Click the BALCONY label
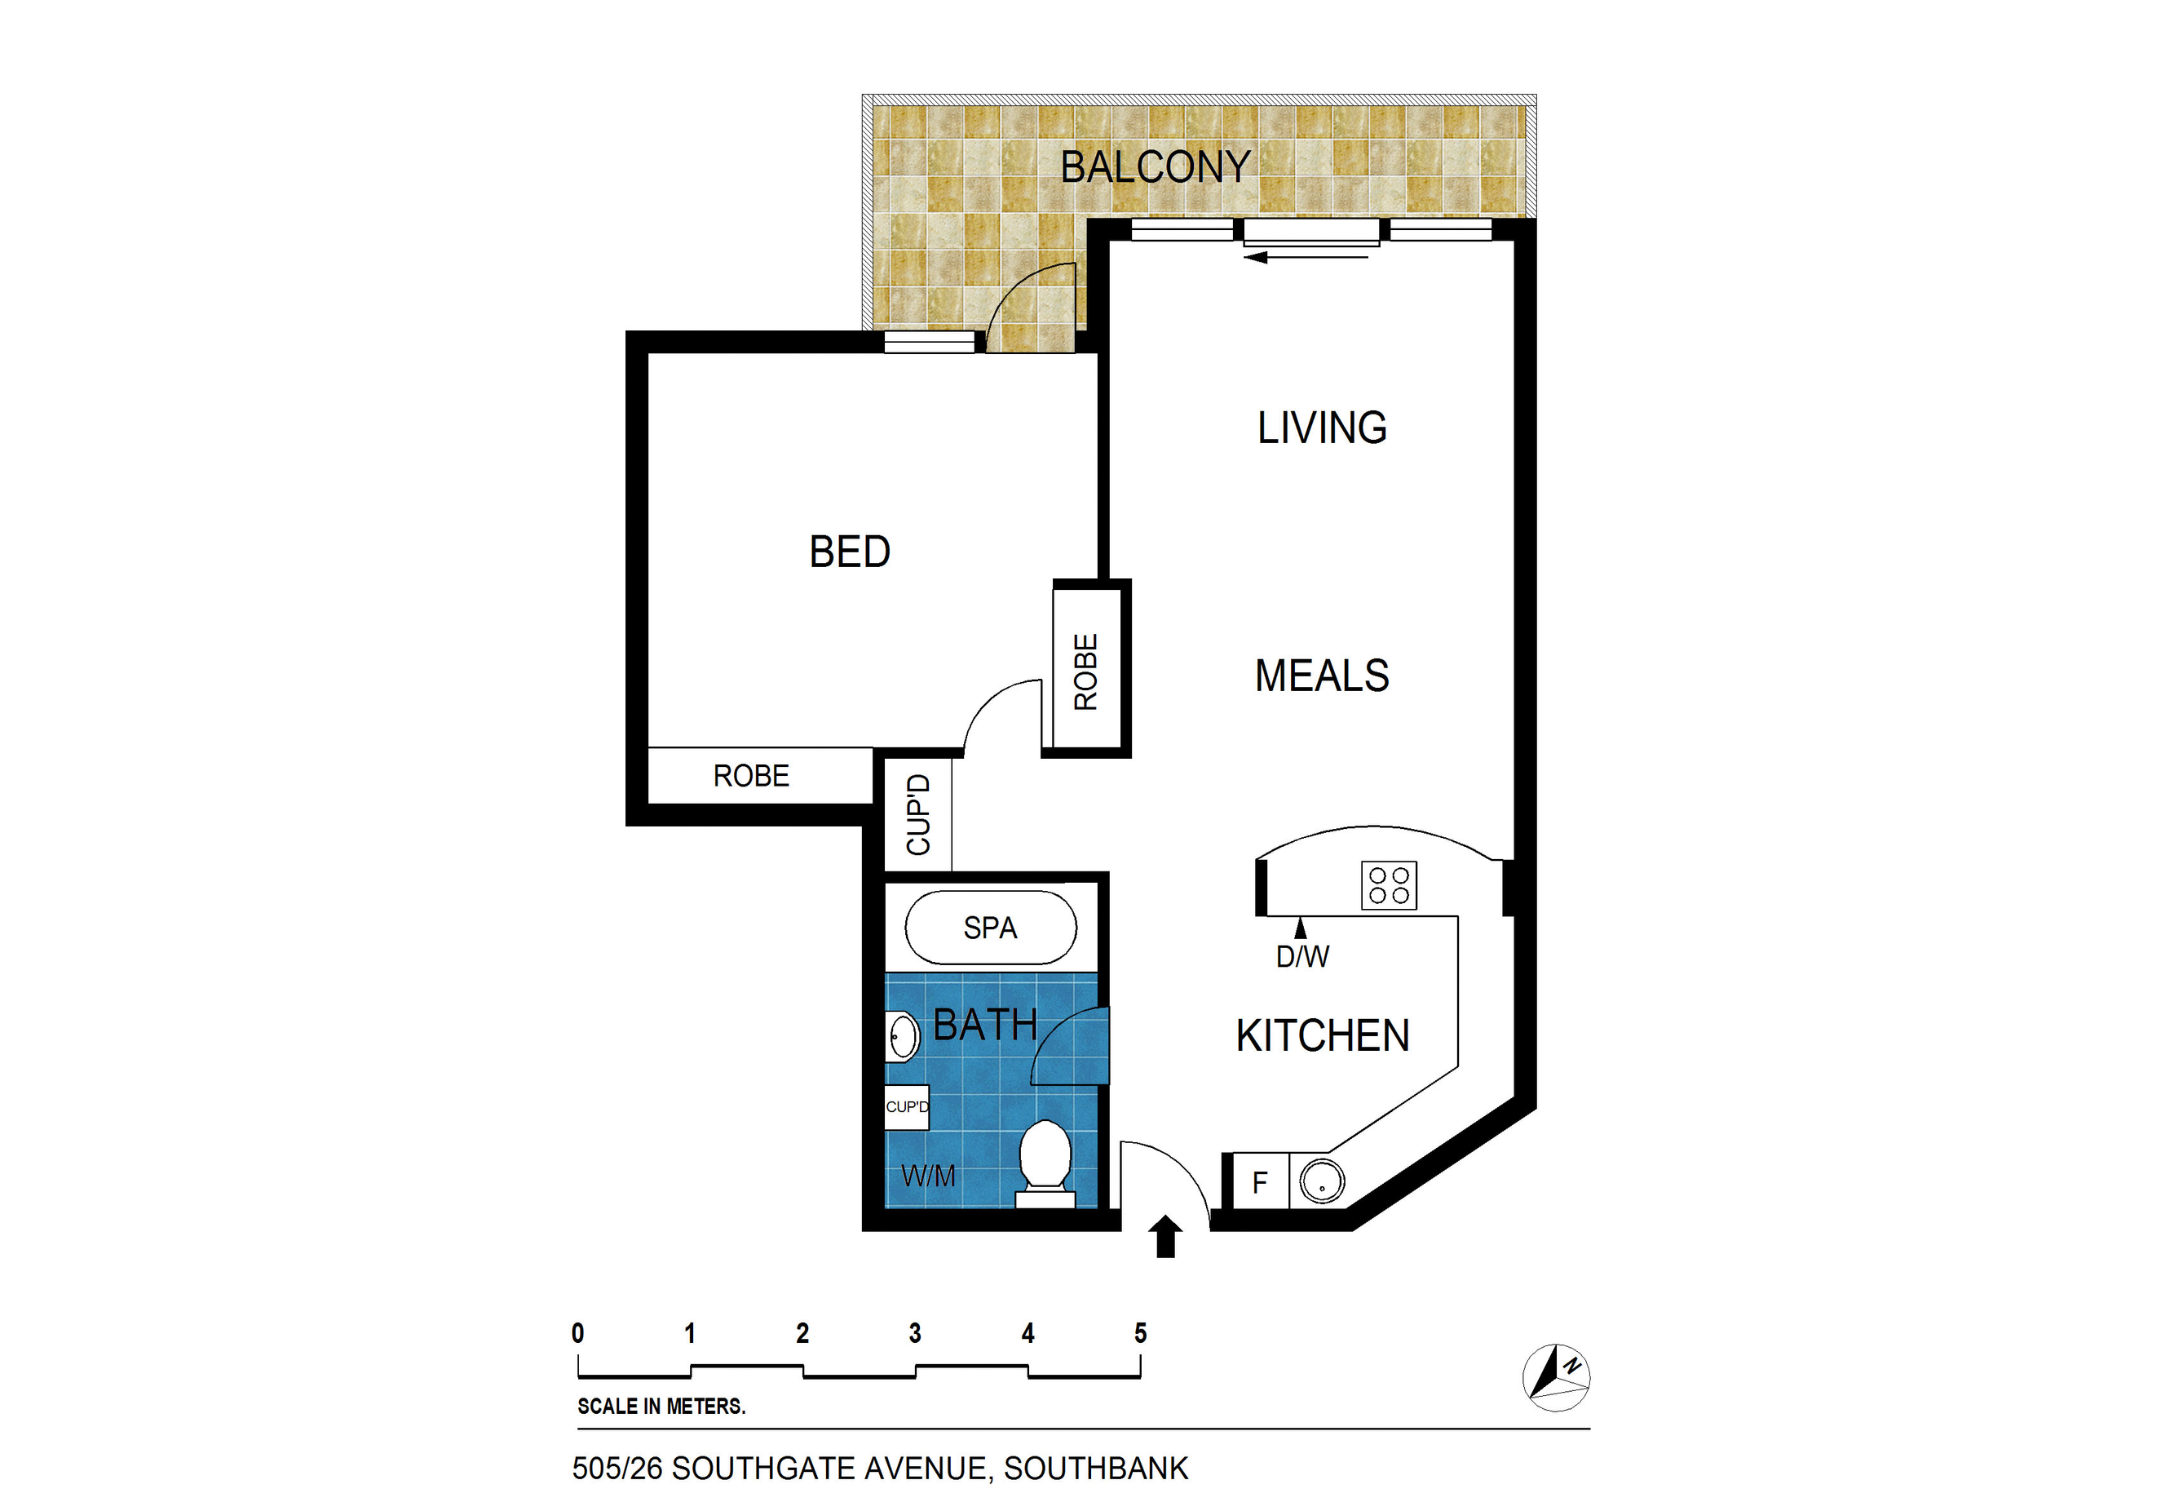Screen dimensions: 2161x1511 pos(1155,167)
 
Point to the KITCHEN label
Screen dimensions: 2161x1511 pos(1323,1035)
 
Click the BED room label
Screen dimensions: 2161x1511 pos(849,552)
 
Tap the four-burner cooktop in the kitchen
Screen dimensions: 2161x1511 pos(1388,886)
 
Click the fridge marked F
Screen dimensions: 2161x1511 pos(1260,1181)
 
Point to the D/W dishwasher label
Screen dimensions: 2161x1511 pos(1302,956)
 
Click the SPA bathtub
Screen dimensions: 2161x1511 pos(990,928)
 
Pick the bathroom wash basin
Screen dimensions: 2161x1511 pos(903,1036)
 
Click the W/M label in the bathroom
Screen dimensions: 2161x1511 pos(928,1176)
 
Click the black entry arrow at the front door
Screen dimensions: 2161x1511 pos(1166,1236)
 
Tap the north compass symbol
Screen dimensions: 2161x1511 pos(1556,1377)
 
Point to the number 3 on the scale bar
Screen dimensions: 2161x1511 pos(915,1333)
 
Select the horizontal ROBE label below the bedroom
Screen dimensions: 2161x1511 pos(751,776)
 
